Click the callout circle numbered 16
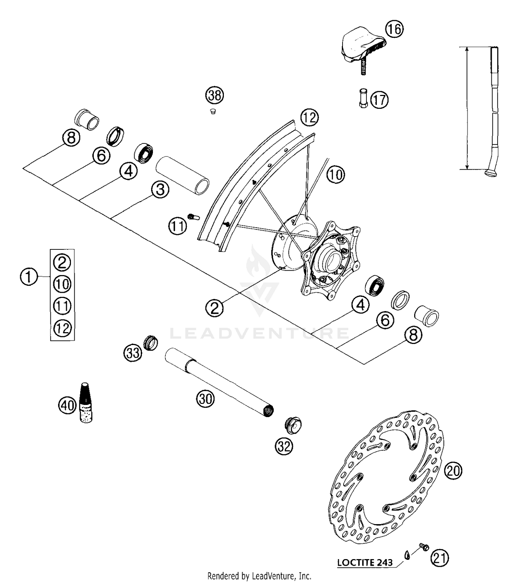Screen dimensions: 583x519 coord(394,29)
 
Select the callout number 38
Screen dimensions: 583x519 coord(215,95)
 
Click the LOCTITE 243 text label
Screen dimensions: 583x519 coord(365,562)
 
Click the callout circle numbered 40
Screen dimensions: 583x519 coord(67,405)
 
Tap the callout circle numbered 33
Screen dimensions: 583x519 coord(133,353)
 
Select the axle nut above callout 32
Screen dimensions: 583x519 coord(293,425)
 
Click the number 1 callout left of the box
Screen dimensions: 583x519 coord(29,277)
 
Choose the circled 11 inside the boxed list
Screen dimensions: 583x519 coord(62,306)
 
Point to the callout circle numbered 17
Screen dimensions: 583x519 coord(379,100)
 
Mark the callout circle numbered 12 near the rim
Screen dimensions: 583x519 coord(309,118)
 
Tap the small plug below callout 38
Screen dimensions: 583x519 coord(213,112)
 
